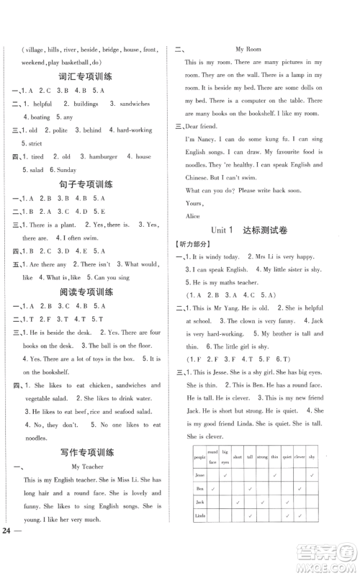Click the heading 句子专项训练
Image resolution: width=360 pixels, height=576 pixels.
click(83, 184)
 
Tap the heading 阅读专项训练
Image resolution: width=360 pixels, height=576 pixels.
click(83, 293)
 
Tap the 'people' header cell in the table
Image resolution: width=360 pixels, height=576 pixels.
click(199, 456)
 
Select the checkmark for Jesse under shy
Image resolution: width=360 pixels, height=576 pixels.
click(313, 474)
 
